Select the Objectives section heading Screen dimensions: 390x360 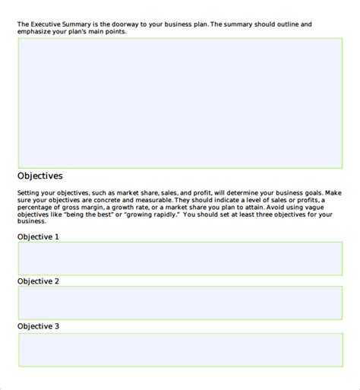[x=39, y=176]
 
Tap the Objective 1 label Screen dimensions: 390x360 [x=38, y=236]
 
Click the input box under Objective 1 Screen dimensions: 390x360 [x=180, y=258]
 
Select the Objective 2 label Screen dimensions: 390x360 [x=38, y=281]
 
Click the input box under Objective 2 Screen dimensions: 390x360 [x=180, y=303]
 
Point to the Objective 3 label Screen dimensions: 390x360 [x=38, y=326]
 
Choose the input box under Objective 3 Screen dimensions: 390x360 [x=180, y=350]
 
